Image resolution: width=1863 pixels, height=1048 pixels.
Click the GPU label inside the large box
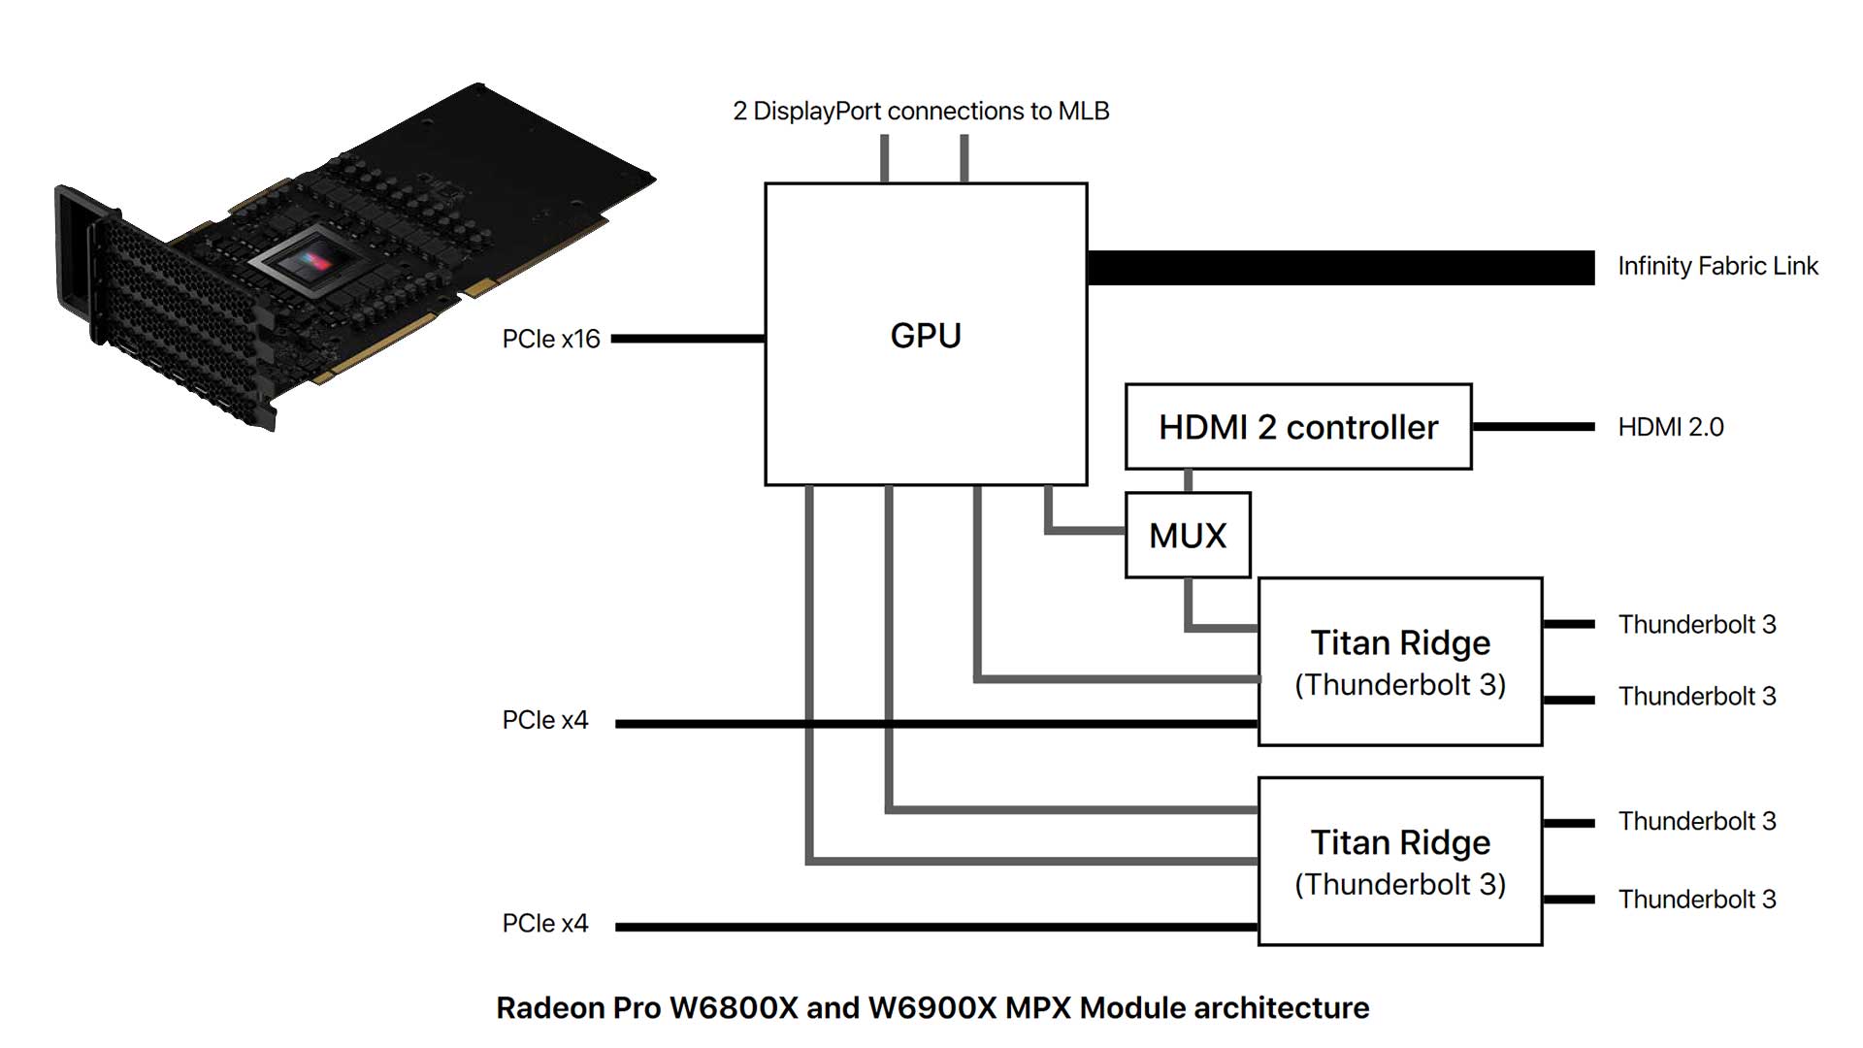point(926,336)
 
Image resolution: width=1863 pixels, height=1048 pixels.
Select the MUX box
point(1188,536)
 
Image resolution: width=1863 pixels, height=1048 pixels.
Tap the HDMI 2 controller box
point(1297,427)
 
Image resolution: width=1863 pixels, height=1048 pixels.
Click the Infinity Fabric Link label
point(1717,267)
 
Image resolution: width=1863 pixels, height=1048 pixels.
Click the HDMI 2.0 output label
point(1670,427)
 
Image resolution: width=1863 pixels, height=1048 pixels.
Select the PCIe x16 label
point(550,340)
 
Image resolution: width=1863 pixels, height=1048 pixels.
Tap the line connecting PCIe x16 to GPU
point(688,339)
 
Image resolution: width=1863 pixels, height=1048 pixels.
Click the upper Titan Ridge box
point(1399,662)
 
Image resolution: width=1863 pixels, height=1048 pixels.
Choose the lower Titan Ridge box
point(1399,862)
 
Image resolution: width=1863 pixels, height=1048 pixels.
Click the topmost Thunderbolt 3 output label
point(1696,625)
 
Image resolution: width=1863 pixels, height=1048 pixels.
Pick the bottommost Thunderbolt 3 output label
point(1696,900)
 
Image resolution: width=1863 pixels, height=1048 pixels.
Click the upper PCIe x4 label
point(544,721)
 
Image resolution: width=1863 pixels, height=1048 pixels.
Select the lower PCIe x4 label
point(544,924)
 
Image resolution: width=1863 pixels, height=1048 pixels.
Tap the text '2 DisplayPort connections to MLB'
point(921,112)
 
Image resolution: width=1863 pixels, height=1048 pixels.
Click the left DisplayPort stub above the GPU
point(884,158)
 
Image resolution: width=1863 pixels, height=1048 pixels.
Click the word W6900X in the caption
point(931,1008)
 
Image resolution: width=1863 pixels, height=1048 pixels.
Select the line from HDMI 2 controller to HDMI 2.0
point(1532,426)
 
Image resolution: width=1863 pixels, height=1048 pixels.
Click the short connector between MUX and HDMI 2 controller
point(1188,481)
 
